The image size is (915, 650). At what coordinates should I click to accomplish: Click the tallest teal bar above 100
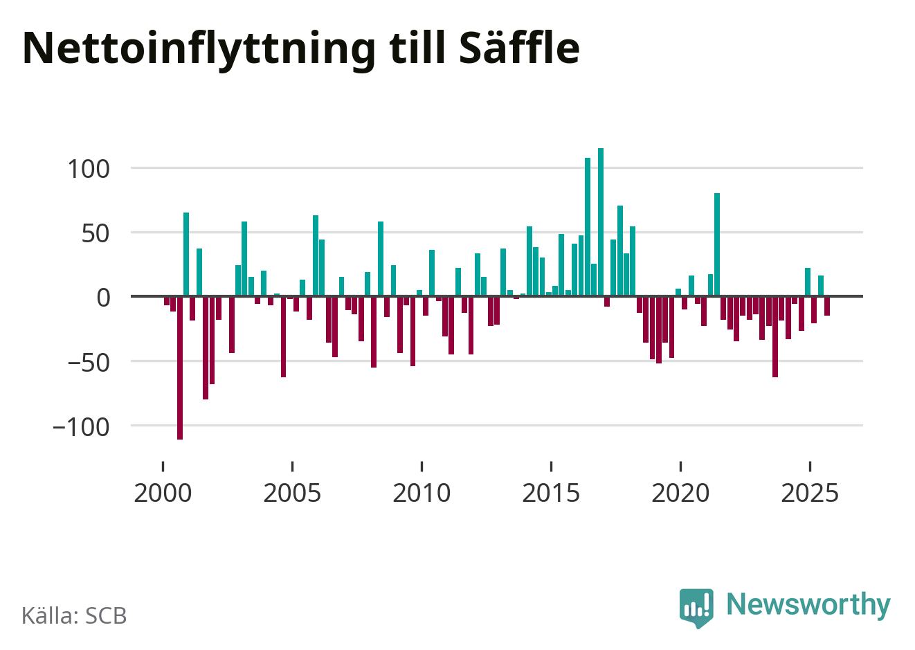[x=600, y=222]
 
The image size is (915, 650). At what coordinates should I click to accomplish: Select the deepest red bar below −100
[x=180, y=368]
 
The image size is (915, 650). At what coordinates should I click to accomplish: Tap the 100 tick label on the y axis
[x=89, y=168]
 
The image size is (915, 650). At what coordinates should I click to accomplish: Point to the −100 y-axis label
[x=81, y=426]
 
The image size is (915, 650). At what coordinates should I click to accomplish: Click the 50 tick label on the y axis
[x=96, y=233]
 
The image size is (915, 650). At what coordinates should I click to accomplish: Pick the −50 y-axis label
[x=88, y=362]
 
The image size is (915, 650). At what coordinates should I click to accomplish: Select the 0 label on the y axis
[x=103, y=298]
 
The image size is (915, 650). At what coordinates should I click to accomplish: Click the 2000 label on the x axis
[x=163, y=493]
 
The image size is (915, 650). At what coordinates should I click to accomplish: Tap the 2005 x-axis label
[x=292, y=493]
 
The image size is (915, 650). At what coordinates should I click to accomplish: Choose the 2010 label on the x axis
[x=422, y=493]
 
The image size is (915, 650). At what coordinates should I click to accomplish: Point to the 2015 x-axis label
[x=551, y=493]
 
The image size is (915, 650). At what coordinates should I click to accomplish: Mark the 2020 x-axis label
[x=680, y=493]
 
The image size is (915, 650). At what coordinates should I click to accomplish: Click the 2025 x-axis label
[x=810, y=493]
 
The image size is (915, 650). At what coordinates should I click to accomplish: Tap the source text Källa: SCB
[x=74, y=615]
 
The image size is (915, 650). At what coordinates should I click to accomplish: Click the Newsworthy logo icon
[x=696, y=607]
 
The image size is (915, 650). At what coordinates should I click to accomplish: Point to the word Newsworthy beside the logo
[x=808, y=604]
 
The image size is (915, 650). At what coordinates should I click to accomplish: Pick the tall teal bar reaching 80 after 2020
[x=717, y=244]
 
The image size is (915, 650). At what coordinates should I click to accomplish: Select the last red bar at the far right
[x=827, y=306]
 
